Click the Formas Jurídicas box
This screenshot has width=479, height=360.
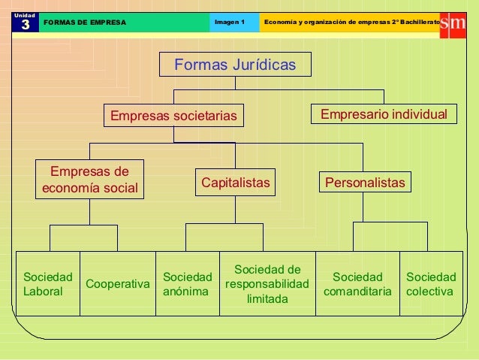click(235, 65)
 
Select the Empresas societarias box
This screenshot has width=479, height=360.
click(173, 116)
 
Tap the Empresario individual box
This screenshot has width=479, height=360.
click(384, 114)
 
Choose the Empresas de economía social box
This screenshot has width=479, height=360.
click(90, 179)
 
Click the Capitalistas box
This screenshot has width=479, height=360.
click(235, 182)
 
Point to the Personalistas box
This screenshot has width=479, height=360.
click(364, 182)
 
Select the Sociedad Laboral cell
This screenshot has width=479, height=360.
click(48, 284)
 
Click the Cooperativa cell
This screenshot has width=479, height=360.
click(118, 284)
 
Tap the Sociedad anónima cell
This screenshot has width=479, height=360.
click(187, 284)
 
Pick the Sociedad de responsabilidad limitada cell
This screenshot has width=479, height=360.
click(267, 284)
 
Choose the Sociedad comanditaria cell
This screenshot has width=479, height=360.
click(357, 284)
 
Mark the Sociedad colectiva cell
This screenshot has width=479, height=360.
click(430, 284)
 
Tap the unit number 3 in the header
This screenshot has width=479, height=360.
click(25, 24)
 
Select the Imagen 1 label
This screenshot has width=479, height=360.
click(230, 22)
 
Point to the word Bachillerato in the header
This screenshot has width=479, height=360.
click(416, 22)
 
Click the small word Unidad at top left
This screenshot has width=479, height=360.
click(24, 14)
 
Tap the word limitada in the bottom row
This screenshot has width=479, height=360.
click(267, 298)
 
